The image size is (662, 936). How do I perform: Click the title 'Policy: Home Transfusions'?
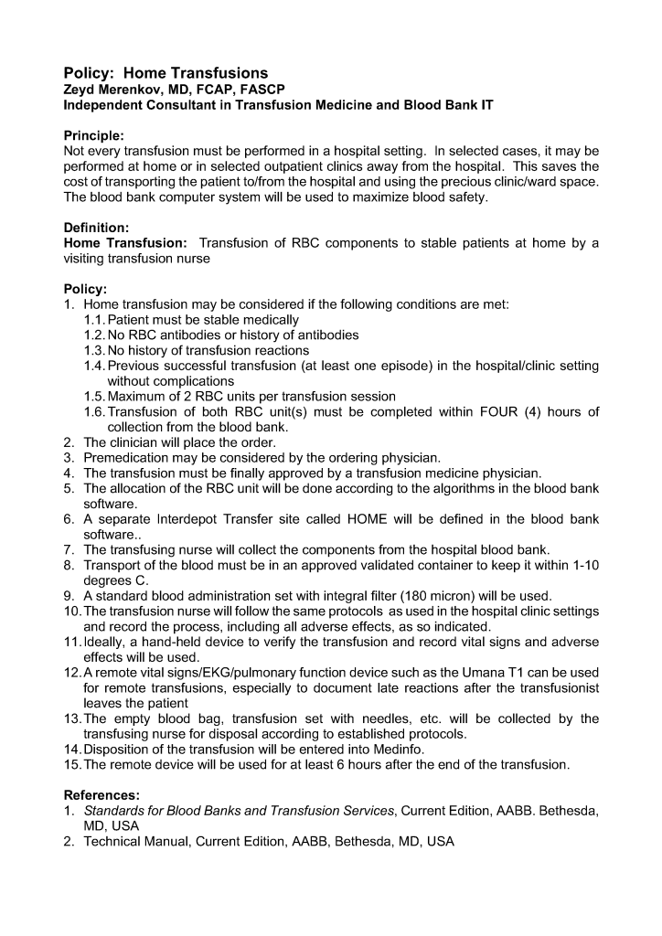(x=165, y=72)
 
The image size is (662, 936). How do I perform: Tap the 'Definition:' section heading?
(x=96, y=226)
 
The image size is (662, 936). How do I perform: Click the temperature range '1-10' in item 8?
(x=580, y=565)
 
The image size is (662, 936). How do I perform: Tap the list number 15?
(x=72, y=764)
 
